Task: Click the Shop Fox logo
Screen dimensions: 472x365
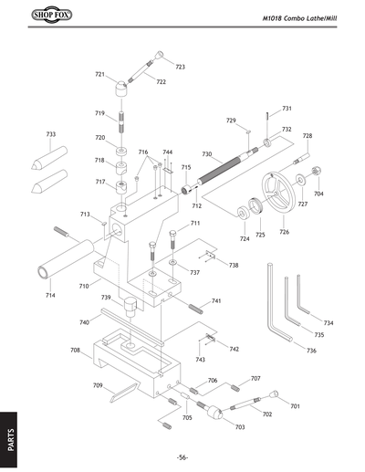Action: [36, 16]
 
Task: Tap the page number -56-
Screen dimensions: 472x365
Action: [182, 456]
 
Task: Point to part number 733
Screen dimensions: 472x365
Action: [51, 134]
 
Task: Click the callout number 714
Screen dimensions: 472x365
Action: [49, 295]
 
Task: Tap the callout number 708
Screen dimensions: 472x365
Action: [76, 349]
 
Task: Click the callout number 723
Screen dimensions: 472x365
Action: [180, 67]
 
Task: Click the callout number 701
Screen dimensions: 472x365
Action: [295, 404]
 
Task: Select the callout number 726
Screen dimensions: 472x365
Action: [284, 232]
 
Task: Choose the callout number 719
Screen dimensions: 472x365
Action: [100, 113]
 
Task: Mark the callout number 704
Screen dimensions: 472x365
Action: [318, 194]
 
